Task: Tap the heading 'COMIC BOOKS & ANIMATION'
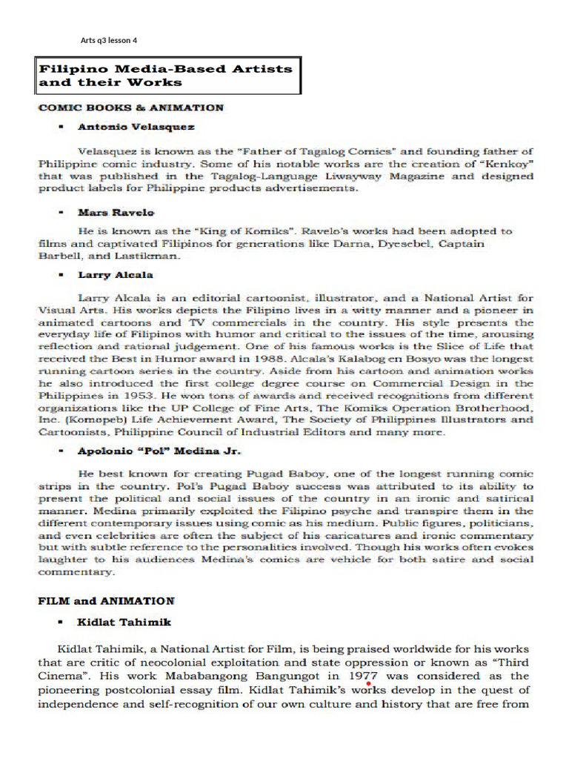coord(130,107)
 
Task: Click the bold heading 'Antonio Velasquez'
coord(136,127)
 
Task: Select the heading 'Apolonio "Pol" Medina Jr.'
coord(160,450)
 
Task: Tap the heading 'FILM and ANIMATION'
coord(106,600)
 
